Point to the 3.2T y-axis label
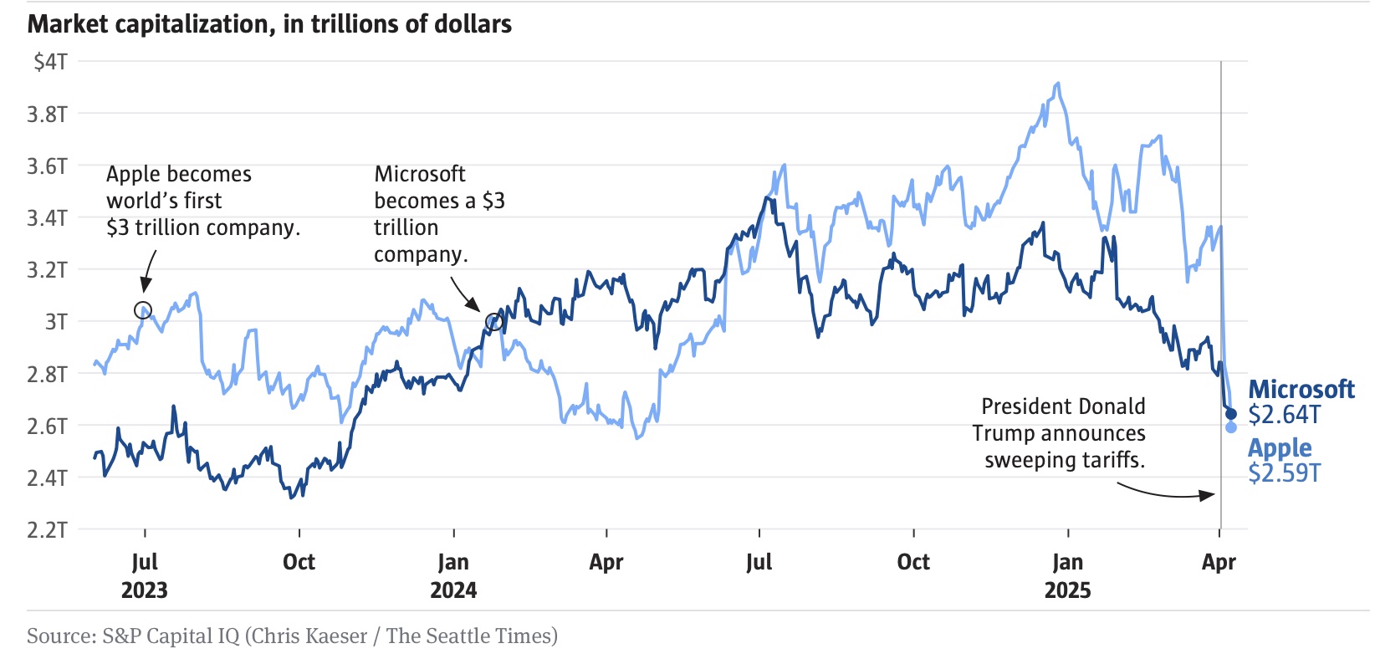click(x=47, y=269)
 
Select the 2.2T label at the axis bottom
click(x=47, y=529)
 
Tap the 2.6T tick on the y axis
click(x=47, y=426)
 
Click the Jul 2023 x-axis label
click(x=145, y=575)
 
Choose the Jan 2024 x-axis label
click(x=453, y=575)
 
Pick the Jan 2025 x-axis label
click(x=1068, y=575)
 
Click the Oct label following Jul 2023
click(x=299, y=562)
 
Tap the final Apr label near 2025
click(x=1219, y=562)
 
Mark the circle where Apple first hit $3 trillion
click(x=143, y=309)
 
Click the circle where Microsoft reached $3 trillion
click(x=494, y=322)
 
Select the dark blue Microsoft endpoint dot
click(x=1230, y=414)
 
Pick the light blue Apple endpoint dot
click(x=1231, y=427)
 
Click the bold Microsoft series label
click(x=1301, y=389)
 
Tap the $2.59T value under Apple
click(x=1284, y=473)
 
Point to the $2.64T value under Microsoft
click(x=1284, y=415)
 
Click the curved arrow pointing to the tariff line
click(x=1167, y=493)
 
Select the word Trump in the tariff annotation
click(x=1003, y=433)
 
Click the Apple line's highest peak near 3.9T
click(x=1059, y=84)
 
